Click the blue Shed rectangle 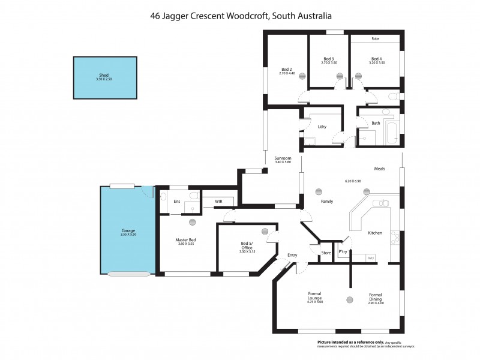point(105,78)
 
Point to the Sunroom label point(283,158)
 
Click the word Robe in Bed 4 point(376,39)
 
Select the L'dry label point(322,127)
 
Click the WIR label point(210,202)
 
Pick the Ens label point(176,202)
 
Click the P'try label point(343,252)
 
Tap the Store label point(326,253)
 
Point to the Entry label point(292,256)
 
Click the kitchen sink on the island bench point(382,203)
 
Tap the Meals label point(379,169)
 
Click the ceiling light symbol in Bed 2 point(302,76)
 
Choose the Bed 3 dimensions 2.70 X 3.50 point(329,63)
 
